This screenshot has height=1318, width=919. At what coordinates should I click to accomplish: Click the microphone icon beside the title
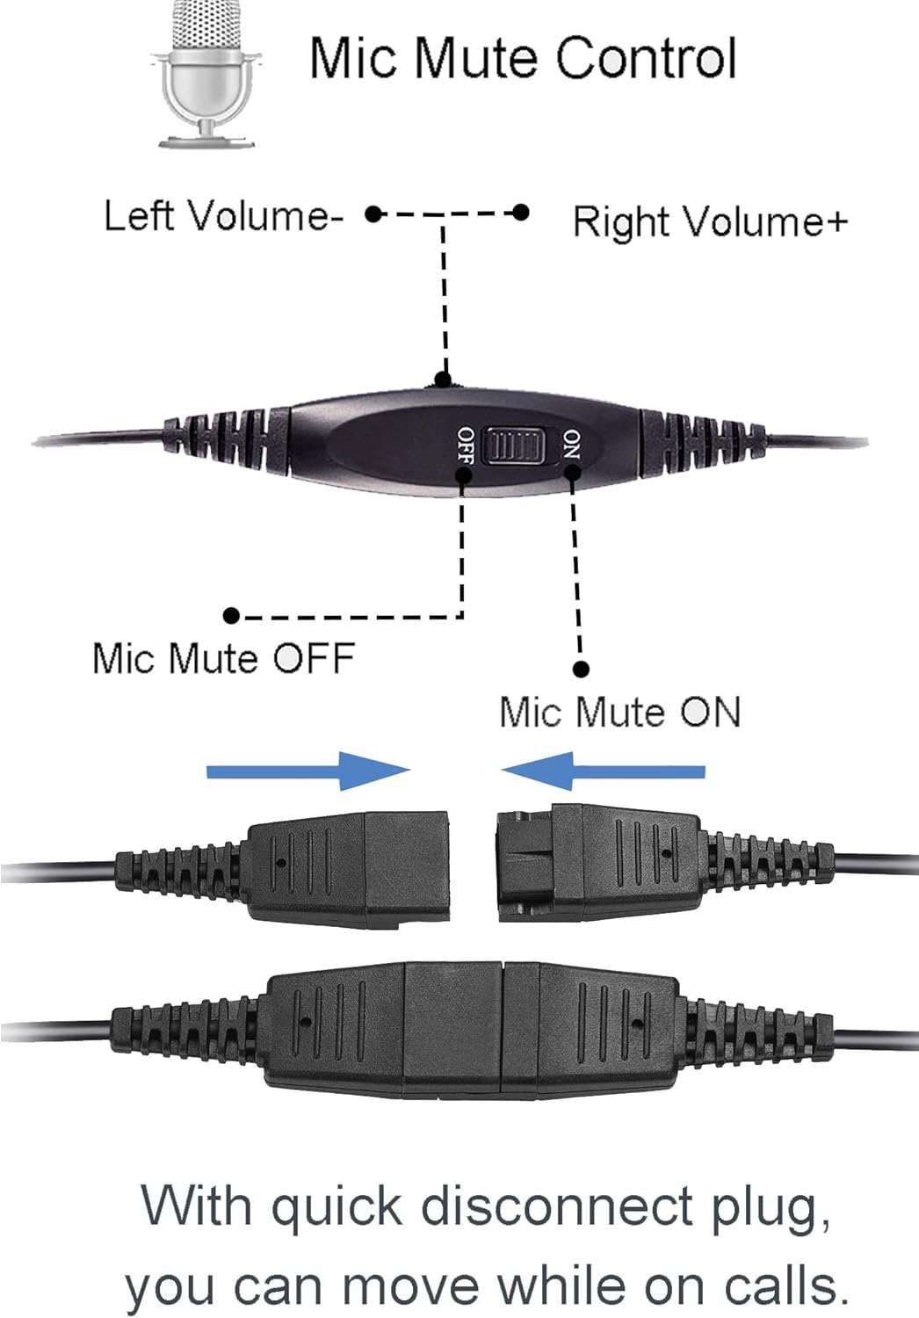tap(207, 74)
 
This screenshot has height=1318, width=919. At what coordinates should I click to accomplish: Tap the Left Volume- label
tap(223, 215)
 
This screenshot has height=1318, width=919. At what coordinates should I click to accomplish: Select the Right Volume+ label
tap(709, 221)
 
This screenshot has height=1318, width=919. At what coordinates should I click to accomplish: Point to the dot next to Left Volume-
tap(373, 214)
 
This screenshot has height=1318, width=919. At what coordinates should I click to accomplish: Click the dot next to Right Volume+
tap(521, 213)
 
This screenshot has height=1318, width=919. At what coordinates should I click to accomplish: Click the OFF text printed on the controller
tap(466, 446)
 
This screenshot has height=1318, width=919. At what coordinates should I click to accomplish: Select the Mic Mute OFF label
tap(223, 658)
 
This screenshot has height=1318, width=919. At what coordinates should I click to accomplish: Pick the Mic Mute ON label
tap(619, 712)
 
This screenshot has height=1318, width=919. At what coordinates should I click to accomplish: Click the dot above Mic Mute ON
tap(581, 670)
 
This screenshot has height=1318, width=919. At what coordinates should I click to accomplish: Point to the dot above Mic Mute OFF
tap(231, 616)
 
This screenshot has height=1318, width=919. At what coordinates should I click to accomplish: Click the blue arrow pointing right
tap(308, 771)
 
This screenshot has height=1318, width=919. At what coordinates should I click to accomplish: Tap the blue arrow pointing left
tap(603, 771)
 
